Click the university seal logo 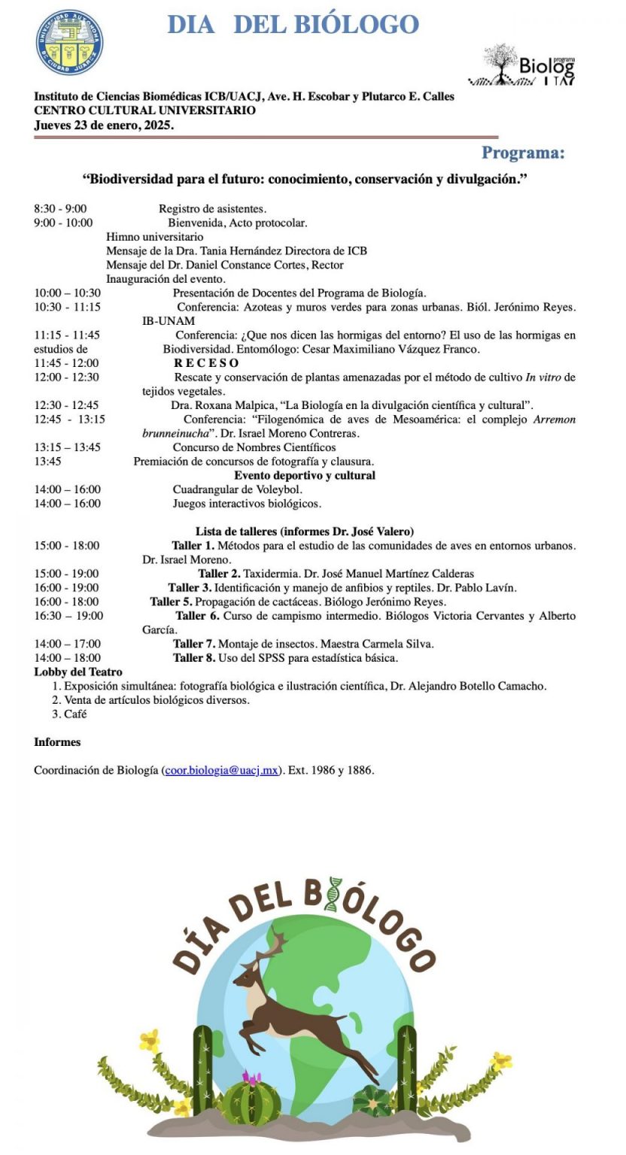(x=70, y=42)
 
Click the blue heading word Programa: (x=522, y=153)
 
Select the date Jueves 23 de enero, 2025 (x=104, y=125)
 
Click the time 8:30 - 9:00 (x=60, y=208)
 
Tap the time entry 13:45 (x=47, y=461)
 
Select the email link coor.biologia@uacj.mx (x=222, y=770)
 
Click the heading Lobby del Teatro (x=78, y=671)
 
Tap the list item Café (x=75, y=714)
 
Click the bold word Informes (x=57, y=741)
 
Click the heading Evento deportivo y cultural (x=305, y=475)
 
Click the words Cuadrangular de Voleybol (x=238, y=490)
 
